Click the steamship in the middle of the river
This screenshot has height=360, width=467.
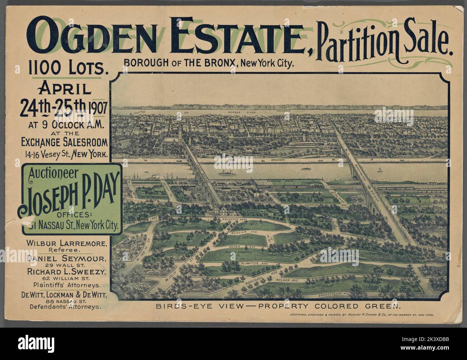[x=227, y=173]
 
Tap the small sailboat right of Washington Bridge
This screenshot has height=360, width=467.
[x=379, y=170]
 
